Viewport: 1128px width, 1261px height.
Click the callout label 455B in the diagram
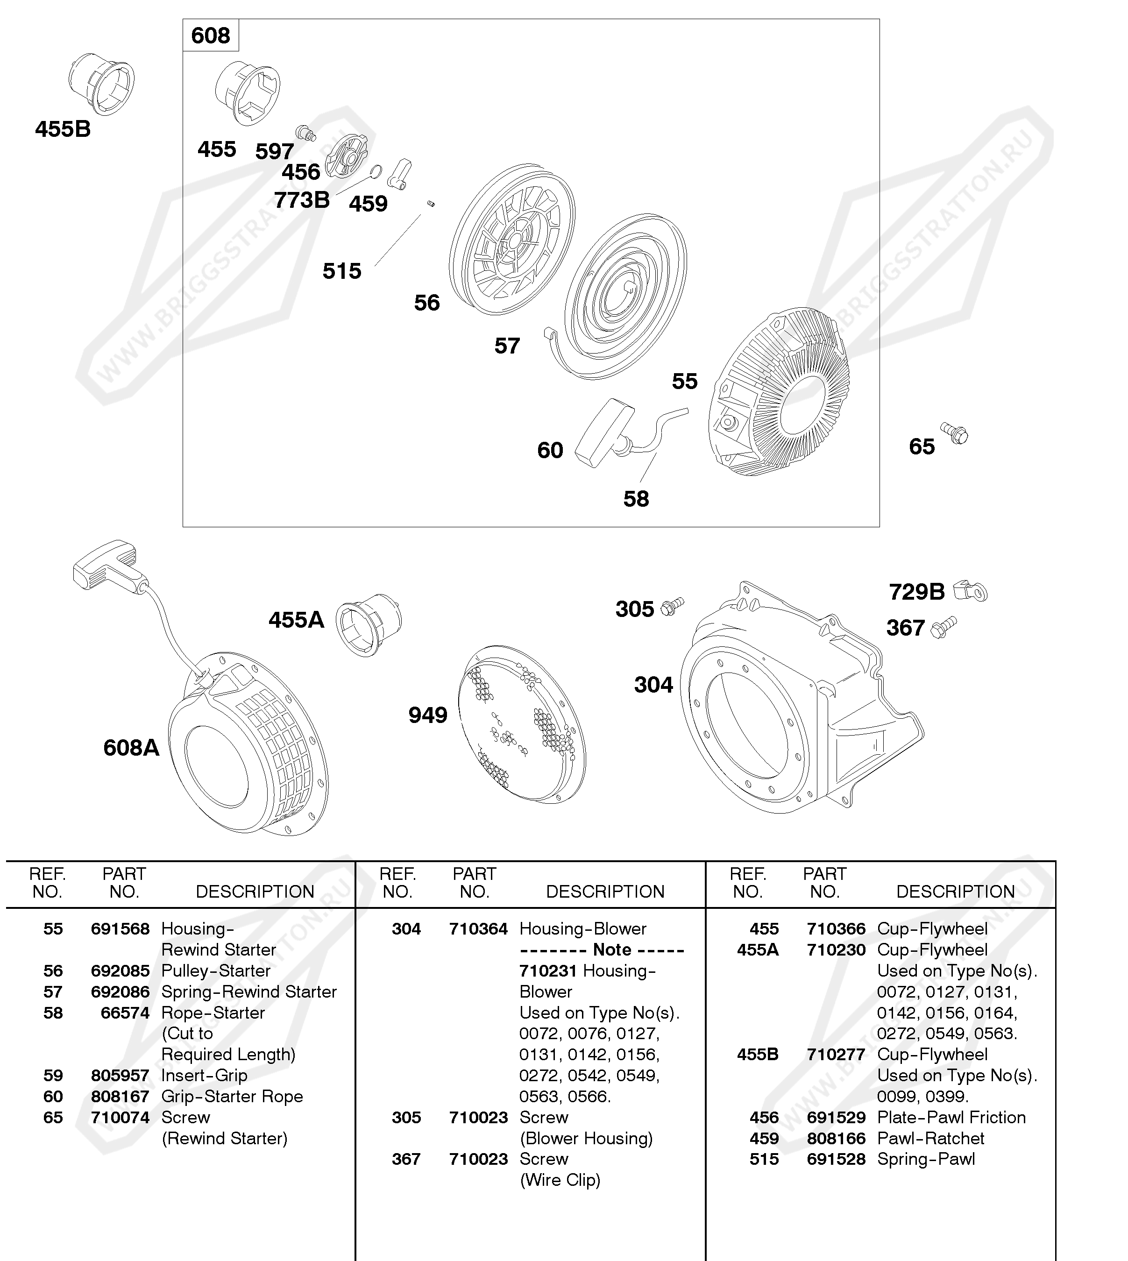tap(63, 129)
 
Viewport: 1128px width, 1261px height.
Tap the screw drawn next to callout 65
tap(954, 434)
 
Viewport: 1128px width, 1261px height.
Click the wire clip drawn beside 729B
tap(971, 591)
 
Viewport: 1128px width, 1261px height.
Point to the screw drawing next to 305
tap(672, 606)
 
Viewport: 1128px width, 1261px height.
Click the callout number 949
tap(428, 716)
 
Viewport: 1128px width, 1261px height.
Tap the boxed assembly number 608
tap(211, 36)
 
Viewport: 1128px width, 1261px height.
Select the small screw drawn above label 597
tap(305, 132)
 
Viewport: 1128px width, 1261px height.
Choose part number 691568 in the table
tap(120, 929)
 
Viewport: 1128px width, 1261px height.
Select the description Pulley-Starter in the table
tap(216, 971)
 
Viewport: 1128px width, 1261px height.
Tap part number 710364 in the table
tap(478, 929)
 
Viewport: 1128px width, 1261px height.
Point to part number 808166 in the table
tap(836, 1138)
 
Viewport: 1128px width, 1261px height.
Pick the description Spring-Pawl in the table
tap(926, 1159)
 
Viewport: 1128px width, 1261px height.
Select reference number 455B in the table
tap(758, 1055)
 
